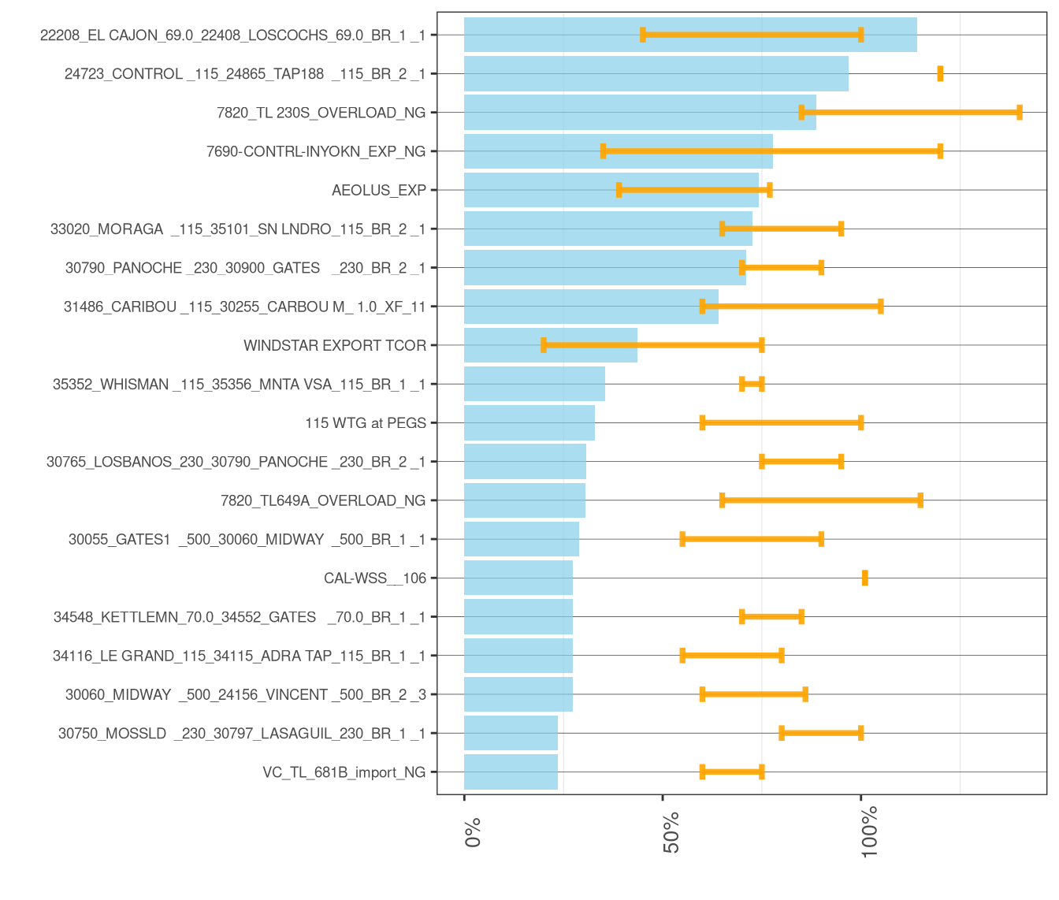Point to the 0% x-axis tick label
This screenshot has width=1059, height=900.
473,832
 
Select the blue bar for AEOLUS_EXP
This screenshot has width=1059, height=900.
611,190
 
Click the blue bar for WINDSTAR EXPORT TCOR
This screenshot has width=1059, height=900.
550,345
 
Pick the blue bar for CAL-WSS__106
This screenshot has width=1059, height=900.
518,578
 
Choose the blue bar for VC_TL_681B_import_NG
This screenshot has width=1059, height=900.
511,772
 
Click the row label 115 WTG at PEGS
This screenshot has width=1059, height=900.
366,423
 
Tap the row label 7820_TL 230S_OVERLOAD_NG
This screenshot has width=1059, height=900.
321,113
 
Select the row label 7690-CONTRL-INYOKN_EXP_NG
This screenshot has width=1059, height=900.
315,151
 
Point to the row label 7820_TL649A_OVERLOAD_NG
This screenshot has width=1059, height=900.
323,500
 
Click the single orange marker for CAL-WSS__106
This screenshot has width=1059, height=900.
864,578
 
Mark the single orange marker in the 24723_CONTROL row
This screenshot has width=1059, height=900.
940,73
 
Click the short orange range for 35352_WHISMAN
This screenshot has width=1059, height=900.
752,384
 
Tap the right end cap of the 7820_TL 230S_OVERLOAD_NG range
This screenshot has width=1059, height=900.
1020,113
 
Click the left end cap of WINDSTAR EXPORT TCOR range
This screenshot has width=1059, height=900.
544,345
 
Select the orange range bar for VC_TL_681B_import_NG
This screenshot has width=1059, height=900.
732,772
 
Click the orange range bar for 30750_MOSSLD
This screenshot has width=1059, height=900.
821,733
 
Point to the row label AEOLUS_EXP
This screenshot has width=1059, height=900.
379,190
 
